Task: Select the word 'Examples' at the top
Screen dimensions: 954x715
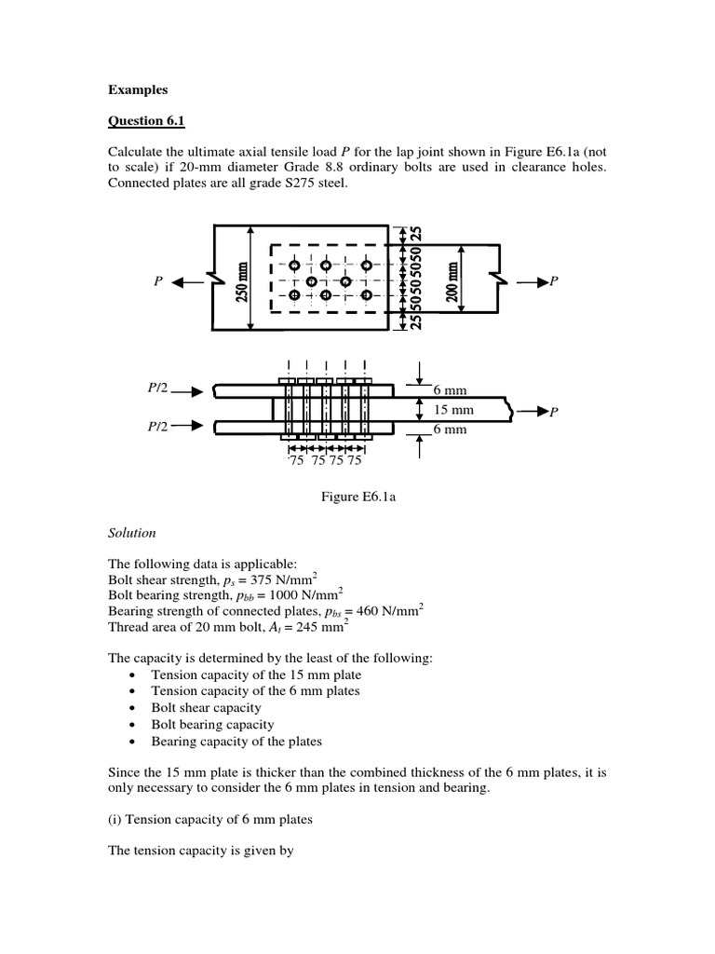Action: point(137,89)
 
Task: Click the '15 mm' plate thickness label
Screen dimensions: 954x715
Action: point(454,410)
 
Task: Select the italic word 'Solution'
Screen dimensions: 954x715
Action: point(132,533)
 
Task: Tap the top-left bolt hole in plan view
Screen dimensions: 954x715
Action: point(295,265)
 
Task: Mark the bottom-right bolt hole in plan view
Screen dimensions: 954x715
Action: point(366,295)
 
